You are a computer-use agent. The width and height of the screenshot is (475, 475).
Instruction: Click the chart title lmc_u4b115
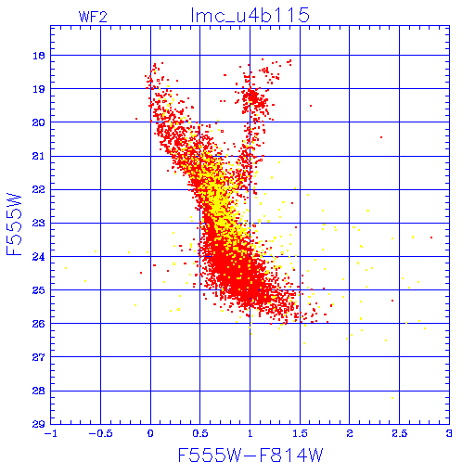tap(250, 15)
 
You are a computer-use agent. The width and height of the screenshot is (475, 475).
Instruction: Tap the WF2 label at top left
tap(93, 17)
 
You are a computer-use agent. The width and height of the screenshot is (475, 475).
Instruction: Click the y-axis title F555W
tap(14, 225)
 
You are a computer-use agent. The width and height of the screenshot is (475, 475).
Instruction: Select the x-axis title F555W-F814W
tap(250, 456)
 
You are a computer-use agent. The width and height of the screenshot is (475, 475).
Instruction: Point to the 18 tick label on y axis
tap(39, 56)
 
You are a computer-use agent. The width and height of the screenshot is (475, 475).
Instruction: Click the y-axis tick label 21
tap(39, 156)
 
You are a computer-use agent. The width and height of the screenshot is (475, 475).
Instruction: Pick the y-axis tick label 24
tap(39, 257)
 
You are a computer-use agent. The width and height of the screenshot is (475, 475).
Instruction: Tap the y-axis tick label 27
tap(39, 357)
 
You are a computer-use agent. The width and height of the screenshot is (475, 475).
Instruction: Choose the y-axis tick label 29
tap(39, 424)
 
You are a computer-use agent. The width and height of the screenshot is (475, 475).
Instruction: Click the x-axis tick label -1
tap(50, 433)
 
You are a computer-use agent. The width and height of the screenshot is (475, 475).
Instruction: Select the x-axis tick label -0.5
tap(100, 433)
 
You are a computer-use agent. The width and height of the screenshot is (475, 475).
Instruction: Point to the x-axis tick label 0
tap(150, 433)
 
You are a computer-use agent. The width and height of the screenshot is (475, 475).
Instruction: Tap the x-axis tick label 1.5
tap(300, 433)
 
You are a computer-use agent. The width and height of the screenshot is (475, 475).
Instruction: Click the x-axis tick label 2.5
tap(400, 433)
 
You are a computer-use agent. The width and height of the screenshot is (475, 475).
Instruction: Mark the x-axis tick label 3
tap(449, 433)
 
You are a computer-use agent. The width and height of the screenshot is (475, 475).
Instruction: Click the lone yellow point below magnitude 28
tap(392, 398)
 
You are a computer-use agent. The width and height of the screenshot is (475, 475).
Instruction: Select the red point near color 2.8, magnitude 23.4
tap(431, 237)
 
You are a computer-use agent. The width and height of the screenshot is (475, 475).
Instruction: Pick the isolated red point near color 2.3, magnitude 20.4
tap(381, 137)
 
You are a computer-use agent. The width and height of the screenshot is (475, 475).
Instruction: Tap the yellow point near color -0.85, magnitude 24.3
tap(66, 268)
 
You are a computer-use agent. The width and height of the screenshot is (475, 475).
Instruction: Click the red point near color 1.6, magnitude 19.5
tap(311, 106)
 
